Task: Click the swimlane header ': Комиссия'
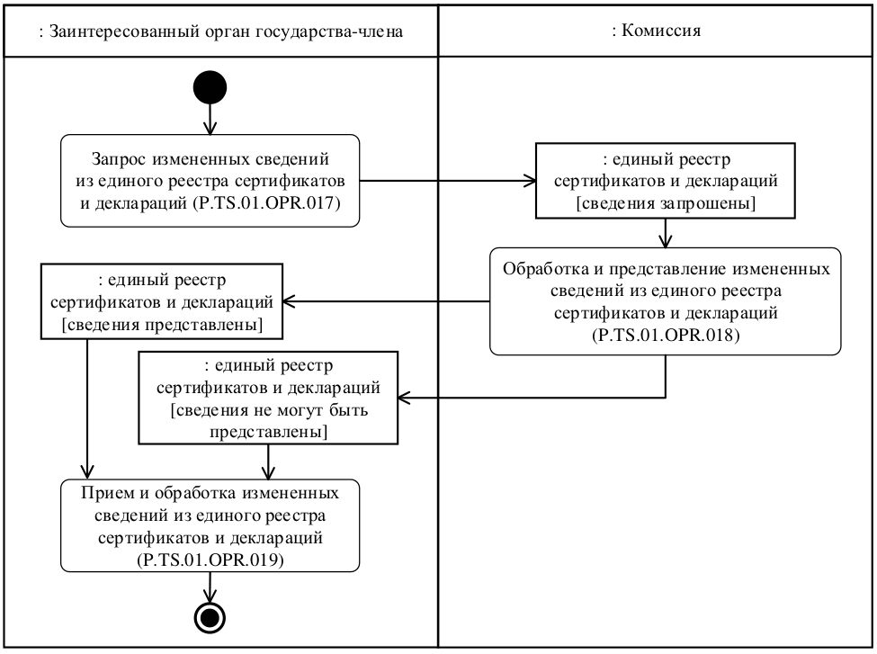click(656, 30)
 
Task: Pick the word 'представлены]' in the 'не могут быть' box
click(267, 432)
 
